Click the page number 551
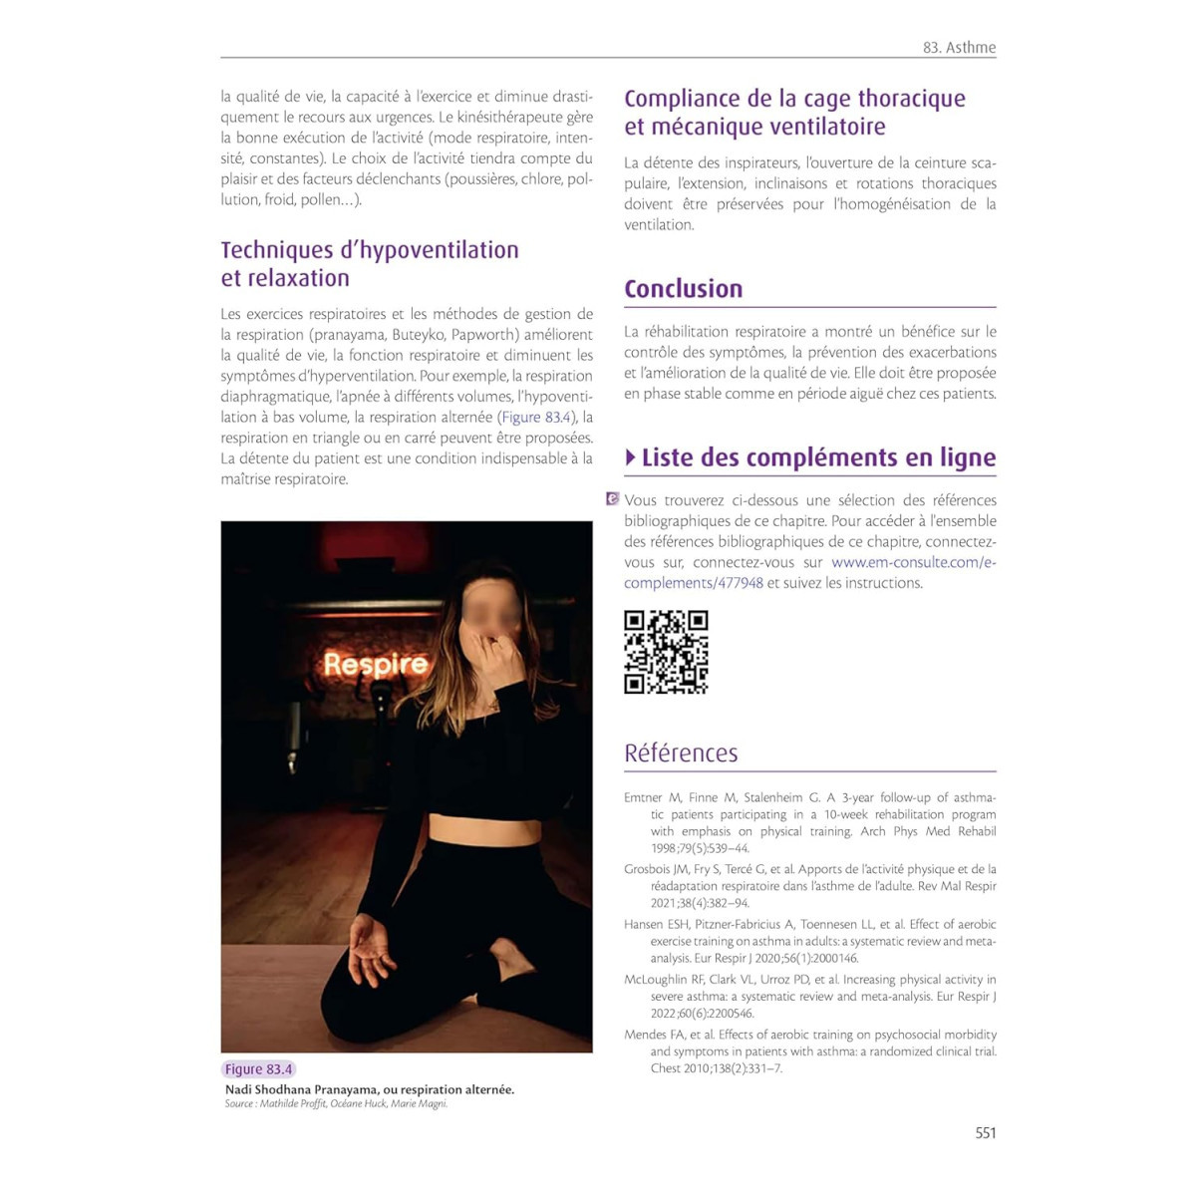pos(985,1132)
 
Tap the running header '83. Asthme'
pos(959,47)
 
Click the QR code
pos(666,652)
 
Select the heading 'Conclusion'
pos(684,289)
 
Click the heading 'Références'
pos(681,753)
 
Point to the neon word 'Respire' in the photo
pos(376,665)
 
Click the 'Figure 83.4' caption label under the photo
pos(258,1068)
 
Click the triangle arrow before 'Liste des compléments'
pos(631,457)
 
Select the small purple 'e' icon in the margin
pos(612,498)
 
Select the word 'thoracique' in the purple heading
pos(911,99)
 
